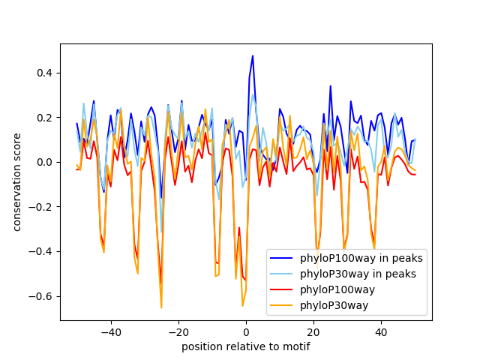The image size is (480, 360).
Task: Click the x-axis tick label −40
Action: pos(110,331)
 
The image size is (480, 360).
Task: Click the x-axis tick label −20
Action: pos(178,331)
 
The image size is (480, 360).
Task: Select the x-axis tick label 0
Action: pos(246,331)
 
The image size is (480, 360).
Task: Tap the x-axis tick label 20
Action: pos(313,331)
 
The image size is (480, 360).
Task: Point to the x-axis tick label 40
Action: pos(381,331)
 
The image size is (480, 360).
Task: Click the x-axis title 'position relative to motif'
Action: pos(246,346)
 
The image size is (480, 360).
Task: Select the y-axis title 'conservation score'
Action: pos(17,181)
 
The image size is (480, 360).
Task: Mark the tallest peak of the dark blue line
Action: pos(253,56)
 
